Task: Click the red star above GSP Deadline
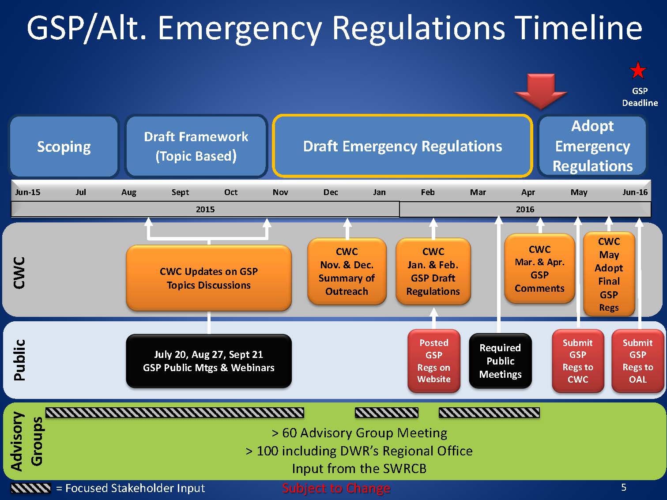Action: point(638,71)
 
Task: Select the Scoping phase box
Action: point(64,147)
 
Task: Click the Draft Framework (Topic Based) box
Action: point(196,147)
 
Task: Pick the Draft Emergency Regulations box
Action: point(402,146)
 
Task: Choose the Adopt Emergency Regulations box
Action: point(592,146)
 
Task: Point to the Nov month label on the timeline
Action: point(280,192)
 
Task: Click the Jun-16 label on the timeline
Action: point(635,192)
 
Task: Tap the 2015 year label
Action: point(205,210)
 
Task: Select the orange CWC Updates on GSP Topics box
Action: point(208,278)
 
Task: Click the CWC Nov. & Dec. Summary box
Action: point(347,271)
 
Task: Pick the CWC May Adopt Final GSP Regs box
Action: point(609,274)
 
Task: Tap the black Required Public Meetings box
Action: point(500,361)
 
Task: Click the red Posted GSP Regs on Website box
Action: point(434,361)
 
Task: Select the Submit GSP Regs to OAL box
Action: point(637,361)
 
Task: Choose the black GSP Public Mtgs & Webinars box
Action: point(208,361)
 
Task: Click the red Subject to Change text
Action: point(336,488)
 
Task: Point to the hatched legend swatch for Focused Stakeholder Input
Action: point(30,488)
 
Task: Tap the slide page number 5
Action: point(624,487)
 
